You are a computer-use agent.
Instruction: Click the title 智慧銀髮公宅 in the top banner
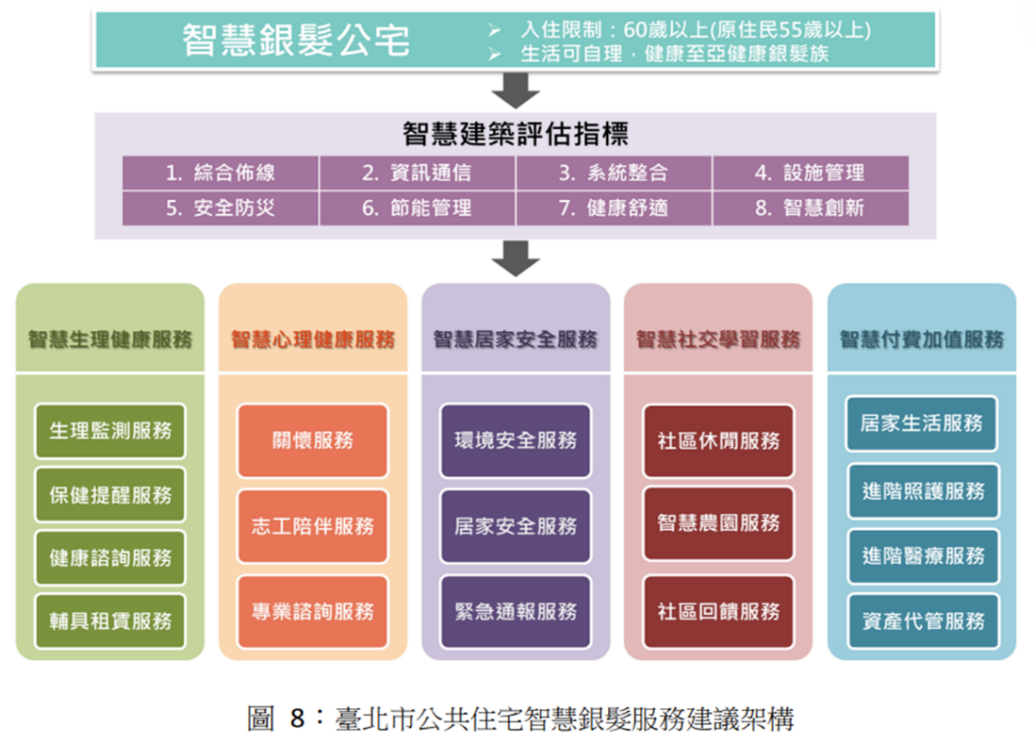(x=297, y=41)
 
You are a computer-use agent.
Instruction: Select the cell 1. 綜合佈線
(x=220, y=174)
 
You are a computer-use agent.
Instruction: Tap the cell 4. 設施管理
(x=810, y=174)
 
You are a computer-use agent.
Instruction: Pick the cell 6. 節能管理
(x=417, y=209)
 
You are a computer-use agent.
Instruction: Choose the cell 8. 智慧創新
(x=810, y=209)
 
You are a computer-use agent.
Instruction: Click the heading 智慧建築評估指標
(x=515, y=134)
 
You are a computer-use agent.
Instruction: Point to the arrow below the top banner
(x=515, y=90)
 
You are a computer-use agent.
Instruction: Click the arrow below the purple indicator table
(x=515, y=258)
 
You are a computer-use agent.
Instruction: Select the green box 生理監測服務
(x=110, y=430)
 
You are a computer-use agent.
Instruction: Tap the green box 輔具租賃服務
(x=110, y=621)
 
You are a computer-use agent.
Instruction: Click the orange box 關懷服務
(x=312, y=440)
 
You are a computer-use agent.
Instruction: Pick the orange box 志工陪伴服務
(x=312, y=526)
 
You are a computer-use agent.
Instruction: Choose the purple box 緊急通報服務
(x=515, y=612)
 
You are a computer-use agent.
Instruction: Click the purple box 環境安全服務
(x=515, y=440)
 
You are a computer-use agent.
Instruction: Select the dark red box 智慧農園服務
(x=718, y=524)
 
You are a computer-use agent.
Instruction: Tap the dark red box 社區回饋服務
(x=718, y=612)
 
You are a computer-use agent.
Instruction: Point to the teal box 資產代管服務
(x=922, y=621)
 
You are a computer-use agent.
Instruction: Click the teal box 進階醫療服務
(x=922, y=557)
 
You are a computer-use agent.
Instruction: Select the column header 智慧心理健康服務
(x=312, y=340)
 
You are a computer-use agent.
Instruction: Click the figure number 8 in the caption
(x=298, y=719)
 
